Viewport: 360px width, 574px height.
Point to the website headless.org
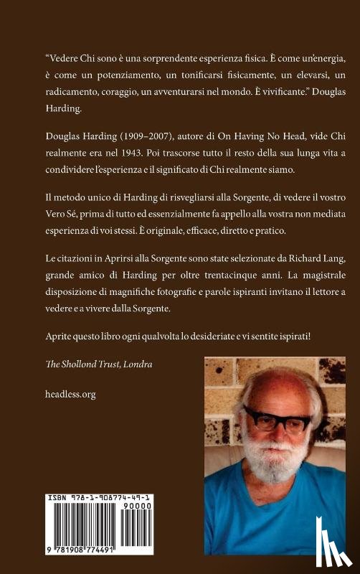coord(70,394)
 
